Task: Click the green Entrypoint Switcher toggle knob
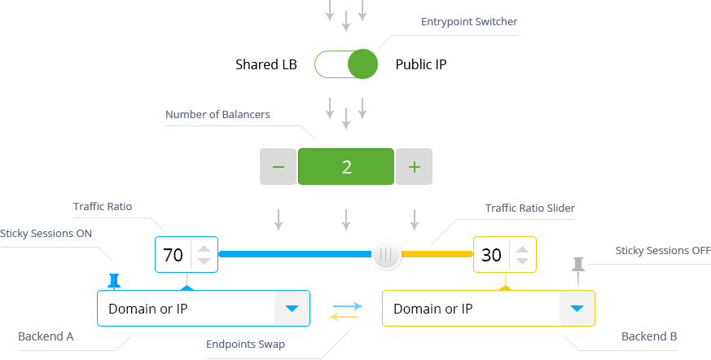click(362, 64)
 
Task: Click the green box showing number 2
click(346, 167)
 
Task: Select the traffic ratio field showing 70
click(173, 255)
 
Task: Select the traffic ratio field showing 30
click(491, 255)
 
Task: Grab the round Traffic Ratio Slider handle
click(387, 255)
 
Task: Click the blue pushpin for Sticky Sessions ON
click(114, 280)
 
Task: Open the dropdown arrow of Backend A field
click(292, 309)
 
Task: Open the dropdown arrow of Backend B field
click(577, 309)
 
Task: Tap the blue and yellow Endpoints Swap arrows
click(345, 311)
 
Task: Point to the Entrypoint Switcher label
click(468, 22)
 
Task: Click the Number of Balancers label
click(217, 115)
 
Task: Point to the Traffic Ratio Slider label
click(529, 209)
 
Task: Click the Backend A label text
click(46, 336)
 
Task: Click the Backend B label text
click(649, 336)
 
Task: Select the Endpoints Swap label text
click(245, 344)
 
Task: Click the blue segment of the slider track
click(293, 255)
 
